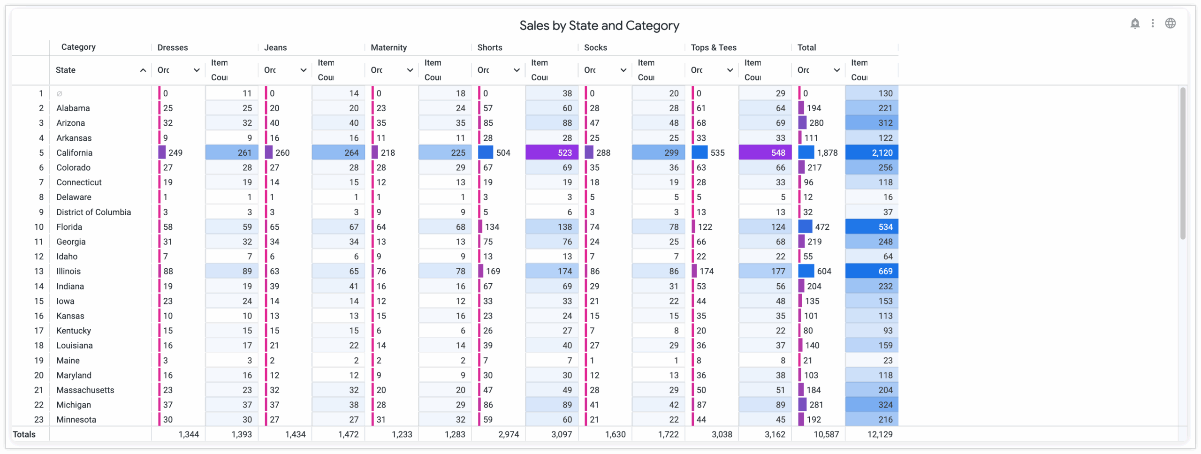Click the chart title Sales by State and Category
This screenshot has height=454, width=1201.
click(599, 25)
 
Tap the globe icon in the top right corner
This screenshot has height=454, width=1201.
click(1171, 23)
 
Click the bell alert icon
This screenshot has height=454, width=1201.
click(1135, 23)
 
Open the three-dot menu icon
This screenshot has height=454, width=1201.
click(1153, 23)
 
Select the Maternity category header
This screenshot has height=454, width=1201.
click(388, 47)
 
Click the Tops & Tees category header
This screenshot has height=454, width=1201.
click(714, 47)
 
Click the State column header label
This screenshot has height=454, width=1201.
click(66, 70)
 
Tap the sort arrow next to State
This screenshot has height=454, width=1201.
click(143, 70)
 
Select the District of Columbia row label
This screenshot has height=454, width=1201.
click(93, 212)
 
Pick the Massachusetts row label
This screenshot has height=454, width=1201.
click(85, 390)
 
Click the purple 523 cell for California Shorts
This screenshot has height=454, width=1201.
click(552, 152)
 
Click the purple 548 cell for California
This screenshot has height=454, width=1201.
click(765, 152)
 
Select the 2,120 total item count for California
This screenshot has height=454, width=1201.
click(872, 152)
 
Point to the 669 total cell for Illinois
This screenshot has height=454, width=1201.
click(872, 271)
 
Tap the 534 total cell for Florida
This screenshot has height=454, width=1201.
click(872, 227)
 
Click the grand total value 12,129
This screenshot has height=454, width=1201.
click(880, 434)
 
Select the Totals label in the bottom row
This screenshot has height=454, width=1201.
click(24, 434)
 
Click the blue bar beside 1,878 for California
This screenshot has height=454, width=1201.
click(806, 152)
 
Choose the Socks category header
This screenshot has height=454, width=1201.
click(595, 47)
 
